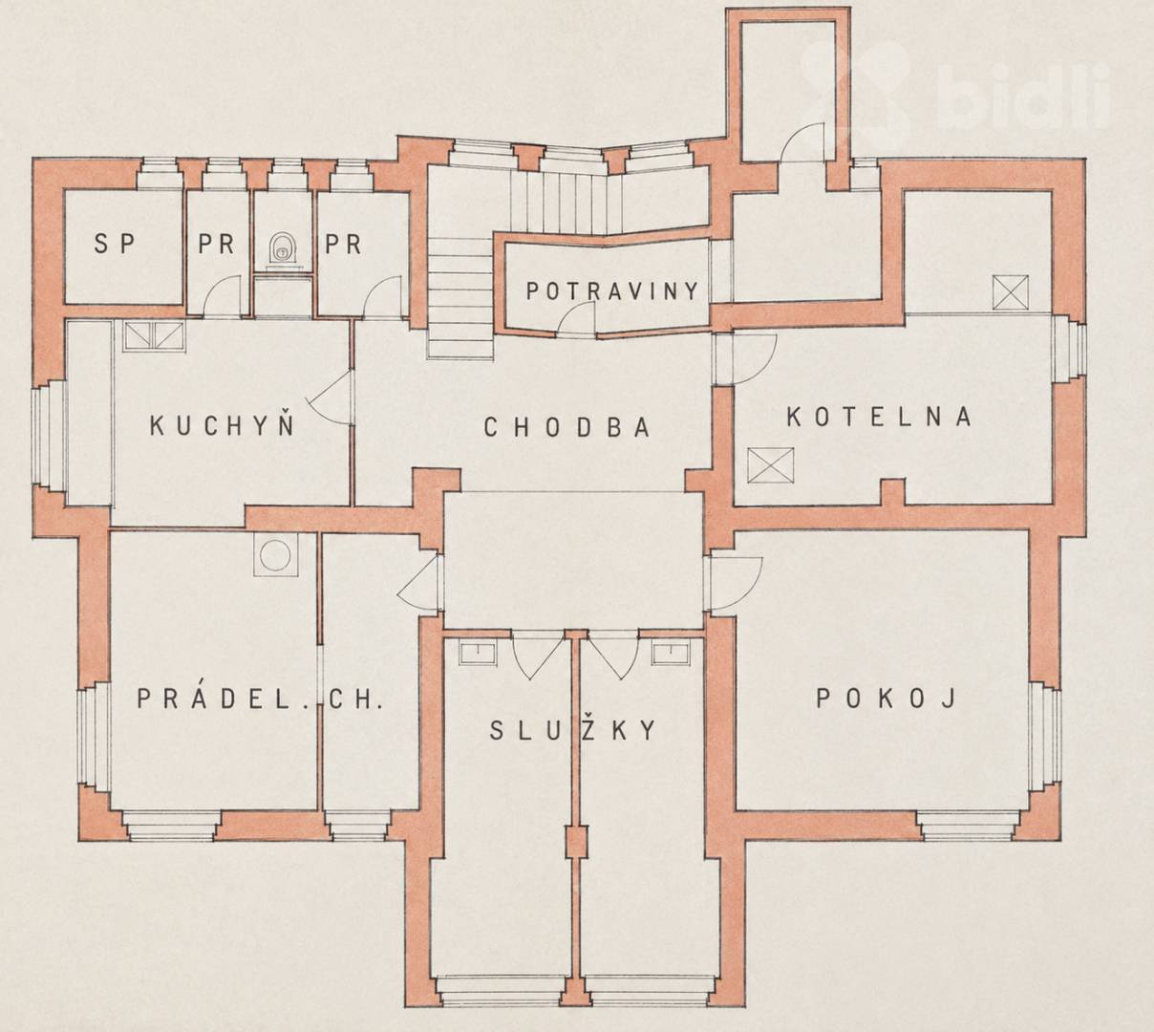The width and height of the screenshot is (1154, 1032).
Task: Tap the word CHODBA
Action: [x=566, y=427]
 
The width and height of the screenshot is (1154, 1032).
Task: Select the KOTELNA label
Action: [x=879, y=417]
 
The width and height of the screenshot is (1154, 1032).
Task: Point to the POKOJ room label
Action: [x=887, y=699]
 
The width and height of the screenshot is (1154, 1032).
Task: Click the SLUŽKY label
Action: [x=573, y=730]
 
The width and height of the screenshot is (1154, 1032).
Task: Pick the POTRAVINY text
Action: [x=611, y=291]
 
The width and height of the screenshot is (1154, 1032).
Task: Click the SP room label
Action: [x=115, y=244]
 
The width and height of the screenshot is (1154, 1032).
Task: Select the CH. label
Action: [x=354, y=699]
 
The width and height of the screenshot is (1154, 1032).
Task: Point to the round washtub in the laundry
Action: [x=276, y=554]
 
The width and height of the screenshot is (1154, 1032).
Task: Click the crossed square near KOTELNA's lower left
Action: [x=770, y=465]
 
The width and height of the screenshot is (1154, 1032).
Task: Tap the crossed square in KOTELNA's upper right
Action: [x=1011, y=292]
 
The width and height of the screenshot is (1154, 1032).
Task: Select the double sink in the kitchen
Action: [x=154, y=336]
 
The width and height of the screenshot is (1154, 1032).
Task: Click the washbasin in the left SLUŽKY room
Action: [x=478, y=653]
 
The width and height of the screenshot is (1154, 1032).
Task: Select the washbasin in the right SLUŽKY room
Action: [x=671, y=653]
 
